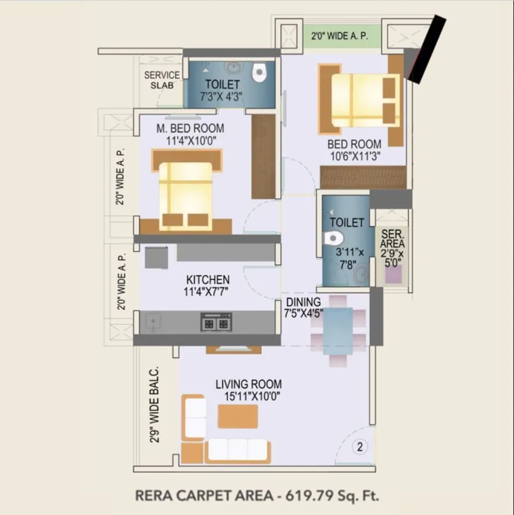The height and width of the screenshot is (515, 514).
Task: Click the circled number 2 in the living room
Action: [360, 447]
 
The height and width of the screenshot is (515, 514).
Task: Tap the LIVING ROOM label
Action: [248, 384]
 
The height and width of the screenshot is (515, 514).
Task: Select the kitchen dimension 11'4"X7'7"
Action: [207, 291]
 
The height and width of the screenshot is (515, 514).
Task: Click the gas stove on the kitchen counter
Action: [216, 322]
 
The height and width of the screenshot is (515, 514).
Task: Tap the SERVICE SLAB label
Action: [161, 80]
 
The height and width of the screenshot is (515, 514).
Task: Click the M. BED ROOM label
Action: [190, 128]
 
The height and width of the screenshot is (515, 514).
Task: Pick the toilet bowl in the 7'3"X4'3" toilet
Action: [259, 72]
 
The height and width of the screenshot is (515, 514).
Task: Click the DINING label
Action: [303, 302]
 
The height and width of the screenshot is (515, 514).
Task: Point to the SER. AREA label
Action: [392, 239]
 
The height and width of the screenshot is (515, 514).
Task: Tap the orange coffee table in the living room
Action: [237, 416]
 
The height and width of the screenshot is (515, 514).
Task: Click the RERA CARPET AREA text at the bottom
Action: [204, 495]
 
